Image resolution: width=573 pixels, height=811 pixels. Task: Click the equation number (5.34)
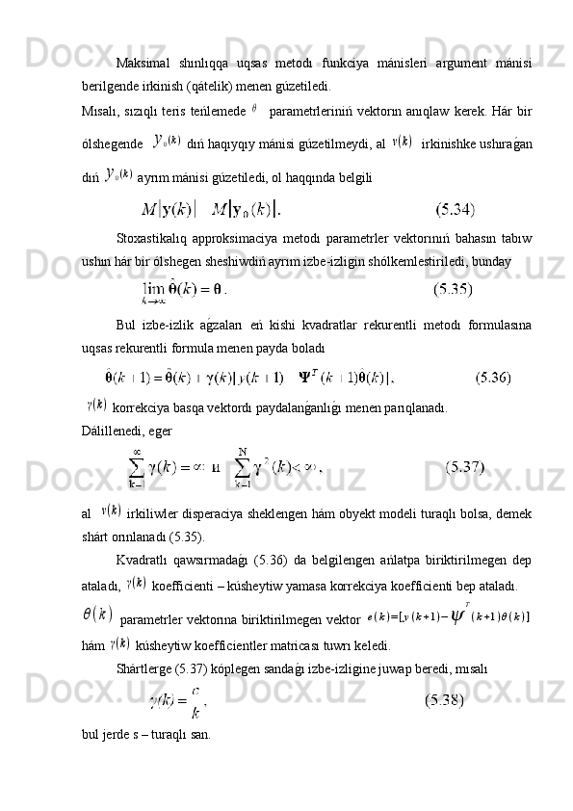455,207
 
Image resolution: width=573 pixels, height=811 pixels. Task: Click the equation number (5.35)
454,287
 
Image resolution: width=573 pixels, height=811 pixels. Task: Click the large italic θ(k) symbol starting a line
98,614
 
